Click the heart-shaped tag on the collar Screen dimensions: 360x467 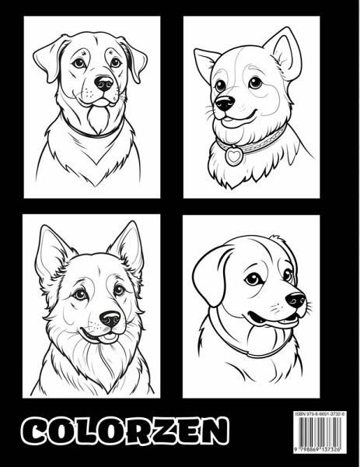click(x=234, y=155)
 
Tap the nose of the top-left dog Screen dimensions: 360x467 click(x=103, y=83)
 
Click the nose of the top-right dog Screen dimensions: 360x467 click(x=225, y=104)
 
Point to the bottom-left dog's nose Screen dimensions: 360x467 click(x=110, y=319)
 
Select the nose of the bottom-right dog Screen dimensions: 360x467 click(x=295, y=300)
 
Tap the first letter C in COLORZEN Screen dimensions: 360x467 click(x=37, y=431)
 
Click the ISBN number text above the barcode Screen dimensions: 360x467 click(x=320, y=414)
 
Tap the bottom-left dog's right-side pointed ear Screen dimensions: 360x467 click(x=127, y=248)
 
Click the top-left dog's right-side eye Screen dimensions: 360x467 click(x=115, y=62)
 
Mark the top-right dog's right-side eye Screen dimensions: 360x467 click(x=255, y=83)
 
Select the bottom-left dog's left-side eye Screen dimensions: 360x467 click(x=80, y=294)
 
